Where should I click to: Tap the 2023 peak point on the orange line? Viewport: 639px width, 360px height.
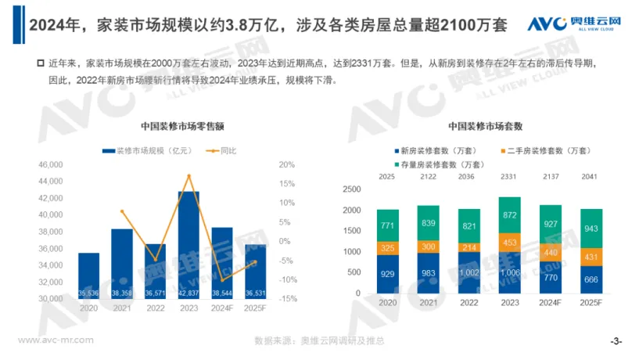188,175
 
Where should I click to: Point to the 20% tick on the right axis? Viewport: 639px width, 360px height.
286,165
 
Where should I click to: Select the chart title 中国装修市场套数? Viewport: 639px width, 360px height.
486,126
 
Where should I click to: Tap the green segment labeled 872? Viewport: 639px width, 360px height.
509,214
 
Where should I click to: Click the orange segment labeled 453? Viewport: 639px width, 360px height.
509,242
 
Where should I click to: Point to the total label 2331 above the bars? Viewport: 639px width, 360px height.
509,178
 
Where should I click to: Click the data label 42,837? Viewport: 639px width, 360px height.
188,293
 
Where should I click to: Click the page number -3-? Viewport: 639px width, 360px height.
616,341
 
